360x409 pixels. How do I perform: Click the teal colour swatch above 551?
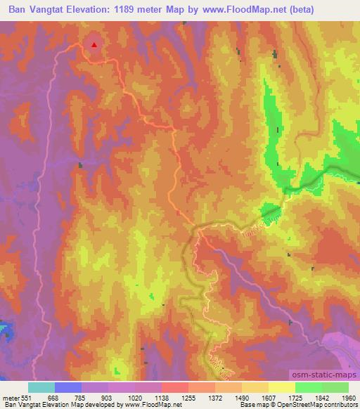(41, 387)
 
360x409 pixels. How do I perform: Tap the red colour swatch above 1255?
(174, 387)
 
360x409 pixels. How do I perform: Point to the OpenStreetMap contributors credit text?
(321, 405)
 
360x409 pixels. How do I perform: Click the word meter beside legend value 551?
(11, 397)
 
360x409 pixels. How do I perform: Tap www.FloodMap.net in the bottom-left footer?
(147, 405)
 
